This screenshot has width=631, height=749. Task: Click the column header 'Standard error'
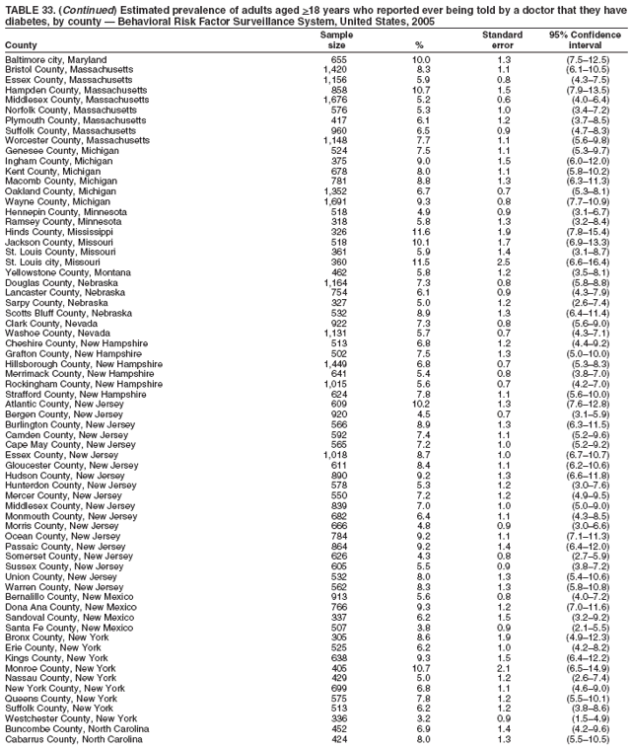coord(502,39)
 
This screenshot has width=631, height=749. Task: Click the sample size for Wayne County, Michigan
coord(333,201)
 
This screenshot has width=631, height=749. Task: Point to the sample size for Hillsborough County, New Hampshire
coord(333,362)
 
